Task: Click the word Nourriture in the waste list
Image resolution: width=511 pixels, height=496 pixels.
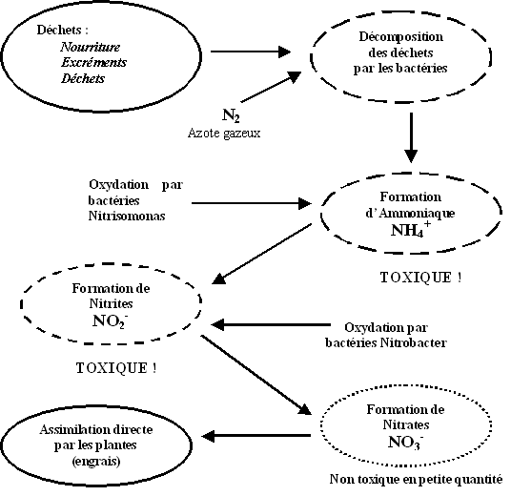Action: point(91,47)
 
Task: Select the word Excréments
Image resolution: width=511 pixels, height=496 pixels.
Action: point(93,62)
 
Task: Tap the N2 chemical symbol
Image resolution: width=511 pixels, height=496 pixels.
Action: point(231,115)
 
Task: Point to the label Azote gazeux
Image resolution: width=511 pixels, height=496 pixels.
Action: point(224,133)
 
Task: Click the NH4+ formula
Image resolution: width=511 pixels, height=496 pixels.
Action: point(411,229)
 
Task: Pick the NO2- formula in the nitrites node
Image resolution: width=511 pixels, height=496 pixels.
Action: point(111,320)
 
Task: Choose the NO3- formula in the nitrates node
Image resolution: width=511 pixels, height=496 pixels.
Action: point(406,442)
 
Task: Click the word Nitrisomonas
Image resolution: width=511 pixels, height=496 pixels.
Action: point(127,216)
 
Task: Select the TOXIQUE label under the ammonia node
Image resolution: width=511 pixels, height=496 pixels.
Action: point(420,278)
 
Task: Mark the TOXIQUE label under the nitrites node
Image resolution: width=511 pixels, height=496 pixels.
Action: point(116,368)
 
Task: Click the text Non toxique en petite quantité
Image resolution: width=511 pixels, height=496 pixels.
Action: point(416,479)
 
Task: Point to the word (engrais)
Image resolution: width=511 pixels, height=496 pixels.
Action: point(96,461)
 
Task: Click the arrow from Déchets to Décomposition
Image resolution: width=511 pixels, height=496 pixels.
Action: point(251,52)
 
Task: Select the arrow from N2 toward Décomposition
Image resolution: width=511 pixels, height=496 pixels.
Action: point(271,87)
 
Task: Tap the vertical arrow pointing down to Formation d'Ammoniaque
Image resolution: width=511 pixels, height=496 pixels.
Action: point(411,137)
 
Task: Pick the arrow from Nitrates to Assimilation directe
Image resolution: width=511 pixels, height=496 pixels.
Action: point(255,436)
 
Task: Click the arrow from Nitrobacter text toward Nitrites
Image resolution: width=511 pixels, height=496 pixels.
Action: point(271,325)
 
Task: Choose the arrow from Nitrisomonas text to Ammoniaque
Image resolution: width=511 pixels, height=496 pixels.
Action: point(252,203)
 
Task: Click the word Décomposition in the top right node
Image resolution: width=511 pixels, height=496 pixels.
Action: point(401,37)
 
